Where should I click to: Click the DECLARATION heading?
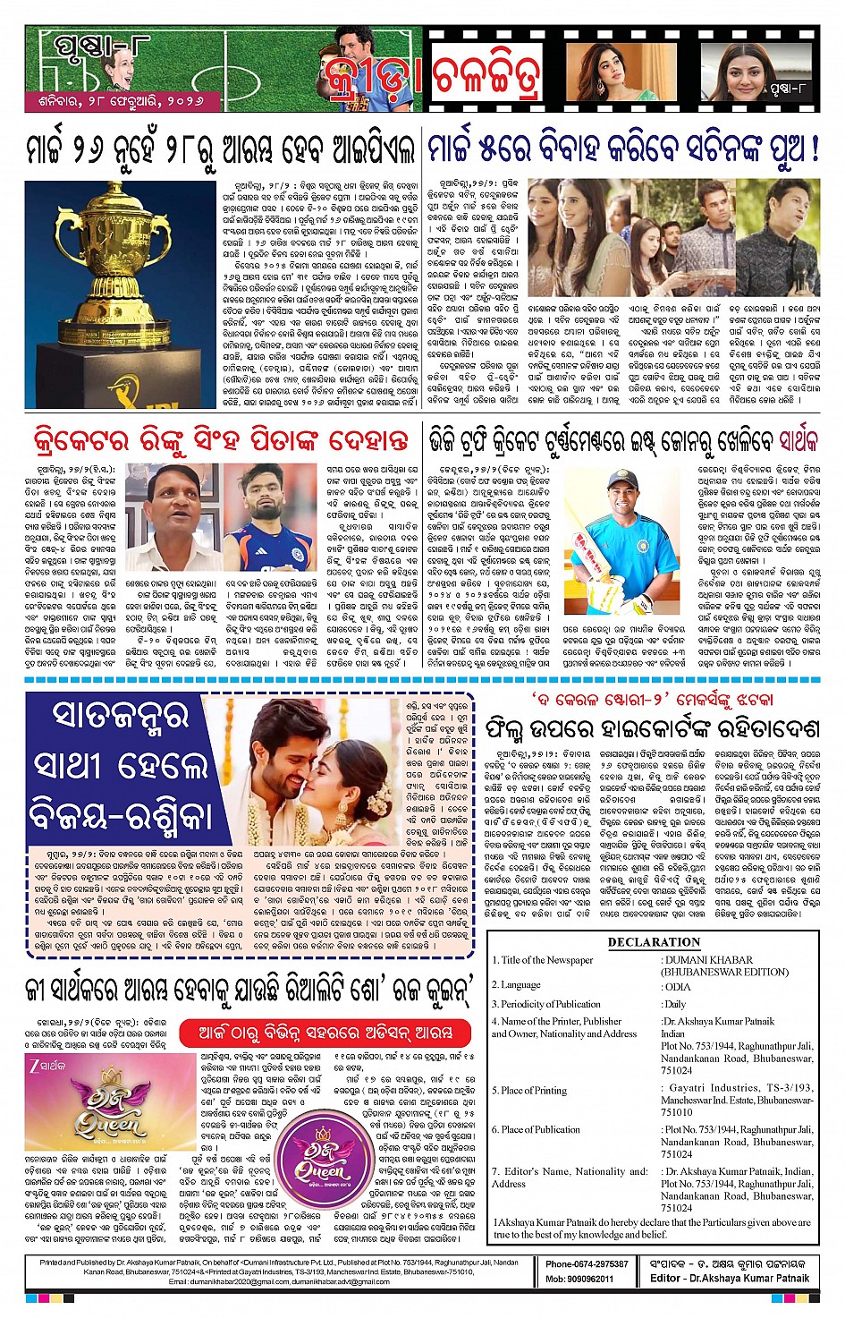pos(654,942)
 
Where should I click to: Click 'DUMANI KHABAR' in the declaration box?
pos(707,960)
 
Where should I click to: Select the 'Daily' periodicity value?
pos(675,1004)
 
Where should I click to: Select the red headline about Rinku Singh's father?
pos(220,440)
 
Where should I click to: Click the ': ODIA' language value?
pos(676,985)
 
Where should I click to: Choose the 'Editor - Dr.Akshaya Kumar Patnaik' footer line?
pos(730,1279)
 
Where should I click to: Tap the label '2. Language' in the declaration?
pos(518,985)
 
